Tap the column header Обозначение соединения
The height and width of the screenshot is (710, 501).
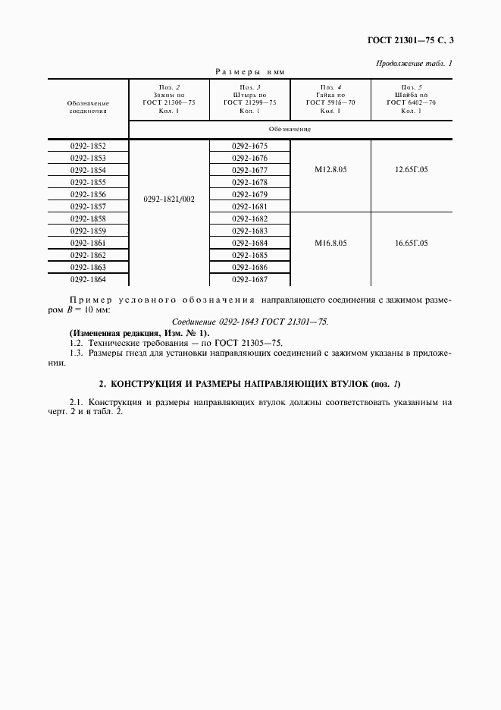[x=88, y=105]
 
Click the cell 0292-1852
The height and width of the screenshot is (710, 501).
[x=88, y=146]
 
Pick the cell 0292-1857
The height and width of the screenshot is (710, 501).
[x=88, y=206]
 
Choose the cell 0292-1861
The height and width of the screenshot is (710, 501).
[x=88, y=243]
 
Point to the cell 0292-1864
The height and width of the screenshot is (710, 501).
[x=88, y=279]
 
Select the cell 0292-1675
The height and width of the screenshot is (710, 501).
[x=250, y=146]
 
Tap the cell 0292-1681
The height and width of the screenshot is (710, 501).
[x=250, y=206]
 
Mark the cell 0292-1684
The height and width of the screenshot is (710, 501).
[x=250, y=243]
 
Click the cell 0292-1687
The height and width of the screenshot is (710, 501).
[x=250, y=279]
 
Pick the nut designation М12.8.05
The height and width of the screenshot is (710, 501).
[x=330, y=170]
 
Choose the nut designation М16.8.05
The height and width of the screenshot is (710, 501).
[x=330, y=243]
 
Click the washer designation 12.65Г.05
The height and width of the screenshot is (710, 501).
[x=411, y=170]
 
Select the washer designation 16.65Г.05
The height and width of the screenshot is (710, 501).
[x=411, y=243]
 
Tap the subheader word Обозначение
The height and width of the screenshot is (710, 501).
[x=290, y=129]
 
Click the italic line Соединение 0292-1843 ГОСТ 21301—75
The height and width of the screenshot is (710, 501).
[x=250, y=322]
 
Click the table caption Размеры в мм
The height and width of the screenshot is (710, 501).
[x=250, y=72]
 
